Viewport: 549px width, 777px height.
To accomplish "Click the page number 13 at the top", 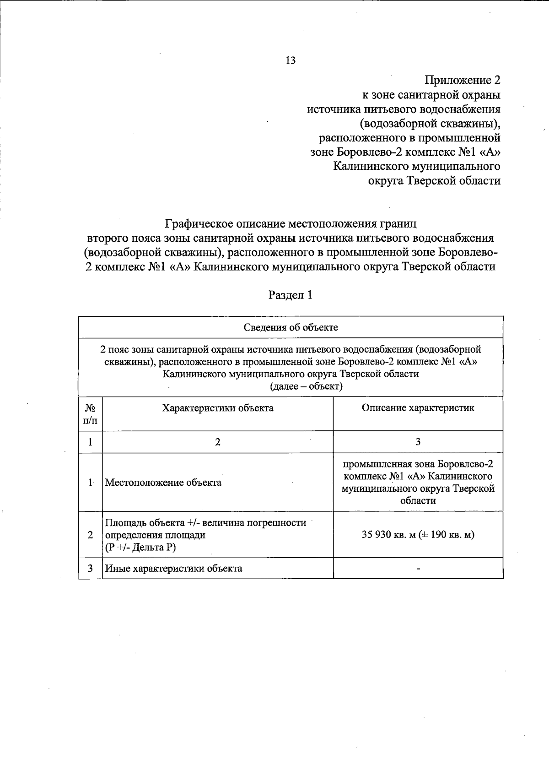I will (x=290, y=60).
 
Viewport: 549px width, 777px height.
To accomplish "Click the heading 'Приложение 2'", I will (x=463, y=81).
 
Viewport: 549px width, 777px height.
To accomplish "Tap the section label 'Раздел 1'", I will (x=290, y=295).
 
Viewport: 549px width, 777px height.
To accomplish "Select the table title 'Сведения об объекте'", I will (x=291, y=327).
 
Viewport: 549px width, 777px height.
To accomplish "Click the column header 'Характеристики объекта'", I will (x=218, y=408).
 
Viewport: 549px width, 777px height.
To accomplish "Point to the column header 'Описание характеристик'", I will (x=418, y=408).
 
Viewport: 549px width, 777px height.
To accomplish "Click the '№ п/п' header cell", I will (x=90, y=413).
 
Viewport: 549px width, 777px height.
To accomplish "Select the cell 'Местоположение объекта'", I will (x=163, y=483).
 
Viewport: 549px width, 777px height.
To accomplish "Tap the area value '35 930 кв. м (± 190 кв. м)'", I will (x=418, y=535).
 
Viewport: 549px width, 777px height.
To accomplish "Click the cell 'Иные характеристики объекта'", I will (x=174, y=569).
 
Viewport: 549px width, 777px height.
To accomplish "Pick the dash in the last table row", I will (x=418, y=569).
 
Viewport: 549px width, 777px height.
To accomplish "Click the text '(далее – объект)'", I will (x=307, y=386).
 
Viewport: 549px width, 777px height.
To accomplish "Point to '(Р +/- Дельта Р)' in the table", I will (x=140, y=547).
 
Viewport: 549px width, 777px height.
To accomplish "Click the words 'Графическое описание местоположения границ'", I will (x=291, y=224).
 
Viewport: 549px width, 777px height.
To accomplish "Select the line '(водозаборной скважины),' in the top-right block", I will (x=430, y=124).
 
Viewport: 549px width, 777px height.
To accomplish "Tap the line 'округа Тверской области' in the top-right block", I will (x=434, y=181).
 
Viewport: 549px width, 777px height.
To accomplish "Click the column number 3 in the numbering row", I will (x=418, y=442).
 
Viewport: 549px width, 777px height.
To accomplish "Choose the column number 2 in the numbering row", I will (x=218, y=442).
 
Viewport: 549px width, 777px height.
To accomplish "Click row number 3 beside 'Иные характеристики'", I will (x=91, y=569).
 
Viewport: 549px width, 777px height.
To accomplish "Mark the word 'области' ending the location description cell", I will (x=418, y=501).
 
